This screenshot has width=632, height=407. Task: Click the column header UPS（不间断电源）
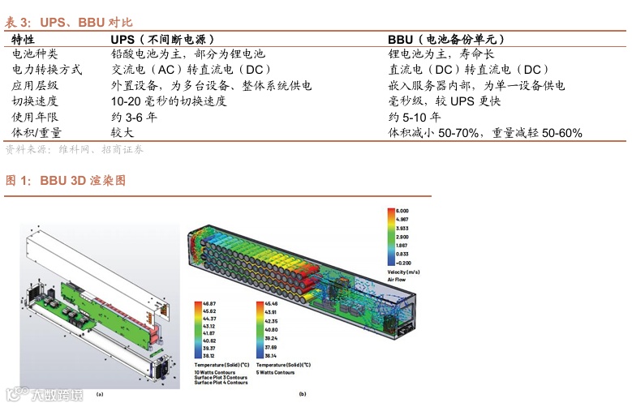click(163, 39)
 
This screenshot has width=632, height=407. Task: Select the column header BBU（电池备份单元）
click(447, 39)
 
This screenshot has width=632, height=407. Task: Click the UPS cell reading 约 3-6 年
click(134, 117)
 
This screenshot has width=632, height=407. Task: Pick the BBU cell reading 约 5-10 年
click(415, 117)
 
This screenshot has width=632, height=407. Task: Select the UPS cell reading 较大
click(123, 132)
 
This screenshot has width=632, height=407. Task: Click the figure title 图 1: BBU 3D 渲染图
click(66, 180)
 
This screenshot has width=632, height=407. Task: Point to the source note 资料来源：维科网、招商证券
click(74, 149)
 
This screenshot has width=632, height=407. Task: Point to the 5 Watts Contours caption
click(275, 372)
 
